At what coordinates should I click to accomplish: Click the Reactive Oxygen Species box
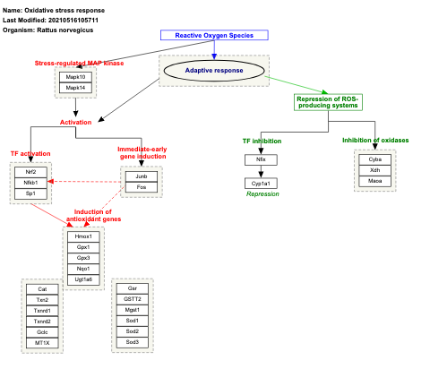tap(214, 35)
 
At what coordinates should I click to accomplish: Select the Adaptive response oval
tap(213, 70)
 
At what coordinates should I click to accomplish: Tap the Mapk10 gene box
tap(75, 77)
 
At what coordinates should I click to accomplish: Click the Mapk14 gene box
tap(75, 88)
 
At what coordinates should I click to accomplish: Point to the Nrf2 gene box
tap(30, 171)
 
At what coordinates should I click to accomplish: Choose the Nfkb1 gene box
tap(30, 182)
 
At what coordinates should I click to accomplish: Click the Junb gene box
tap(142, 176)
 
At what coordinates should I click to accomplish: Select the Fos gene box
tap(142, 187)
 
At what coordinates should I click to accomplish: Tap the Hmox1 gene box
tap(83, 236)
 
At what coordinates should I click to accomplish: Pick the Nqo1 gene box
tap(83, 269)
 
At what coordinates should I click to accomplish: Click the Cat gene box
tap(42, 289)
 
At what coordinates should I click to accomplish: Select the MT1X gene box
tap(42, 342)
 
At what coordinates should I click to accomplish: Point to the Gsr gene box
tap(133, 289)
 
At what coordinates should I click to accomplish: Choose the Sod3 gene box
tap(133, 342)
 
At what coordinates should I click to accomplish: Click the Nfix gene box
tap(261, 159)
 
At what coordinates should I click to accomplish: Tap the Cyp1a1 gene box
tap(261, 183)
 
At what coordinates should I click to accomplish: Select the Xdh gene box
tap(374, 169)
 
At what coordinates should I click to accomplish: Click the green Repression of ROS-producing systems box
tap(328, 101)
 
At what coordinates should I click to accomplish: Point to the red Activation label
tap(75, 122)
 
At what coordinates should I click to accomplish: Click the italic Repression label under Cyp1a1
tap(262, 194)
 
